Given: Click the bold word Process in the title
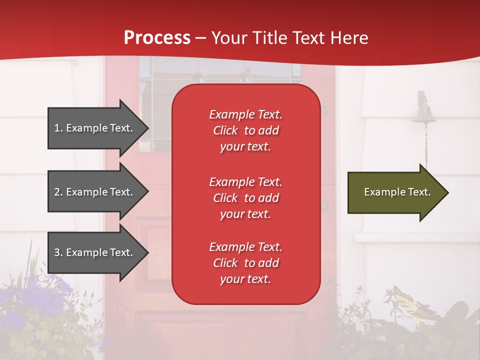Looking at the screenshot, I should pos(157,37).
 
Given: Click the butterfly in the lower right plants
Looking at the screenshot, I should pos(407,302).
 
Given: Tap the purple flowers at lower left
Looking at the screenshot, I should pos(42,300).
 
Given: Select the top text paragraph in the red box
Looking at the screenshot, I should pos(245,130).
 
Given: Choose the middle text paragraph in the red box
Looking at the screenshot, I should pos(245,198).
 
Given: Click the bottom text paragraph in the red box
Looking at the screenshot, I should pos(245,263).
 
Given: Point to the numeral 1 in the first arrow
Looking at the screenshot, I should pos(57,128).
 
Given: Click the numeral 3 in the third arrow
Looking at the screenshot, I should pos(57,252).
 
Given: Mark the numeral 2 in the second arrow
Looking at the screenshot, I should pos(57,192).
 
